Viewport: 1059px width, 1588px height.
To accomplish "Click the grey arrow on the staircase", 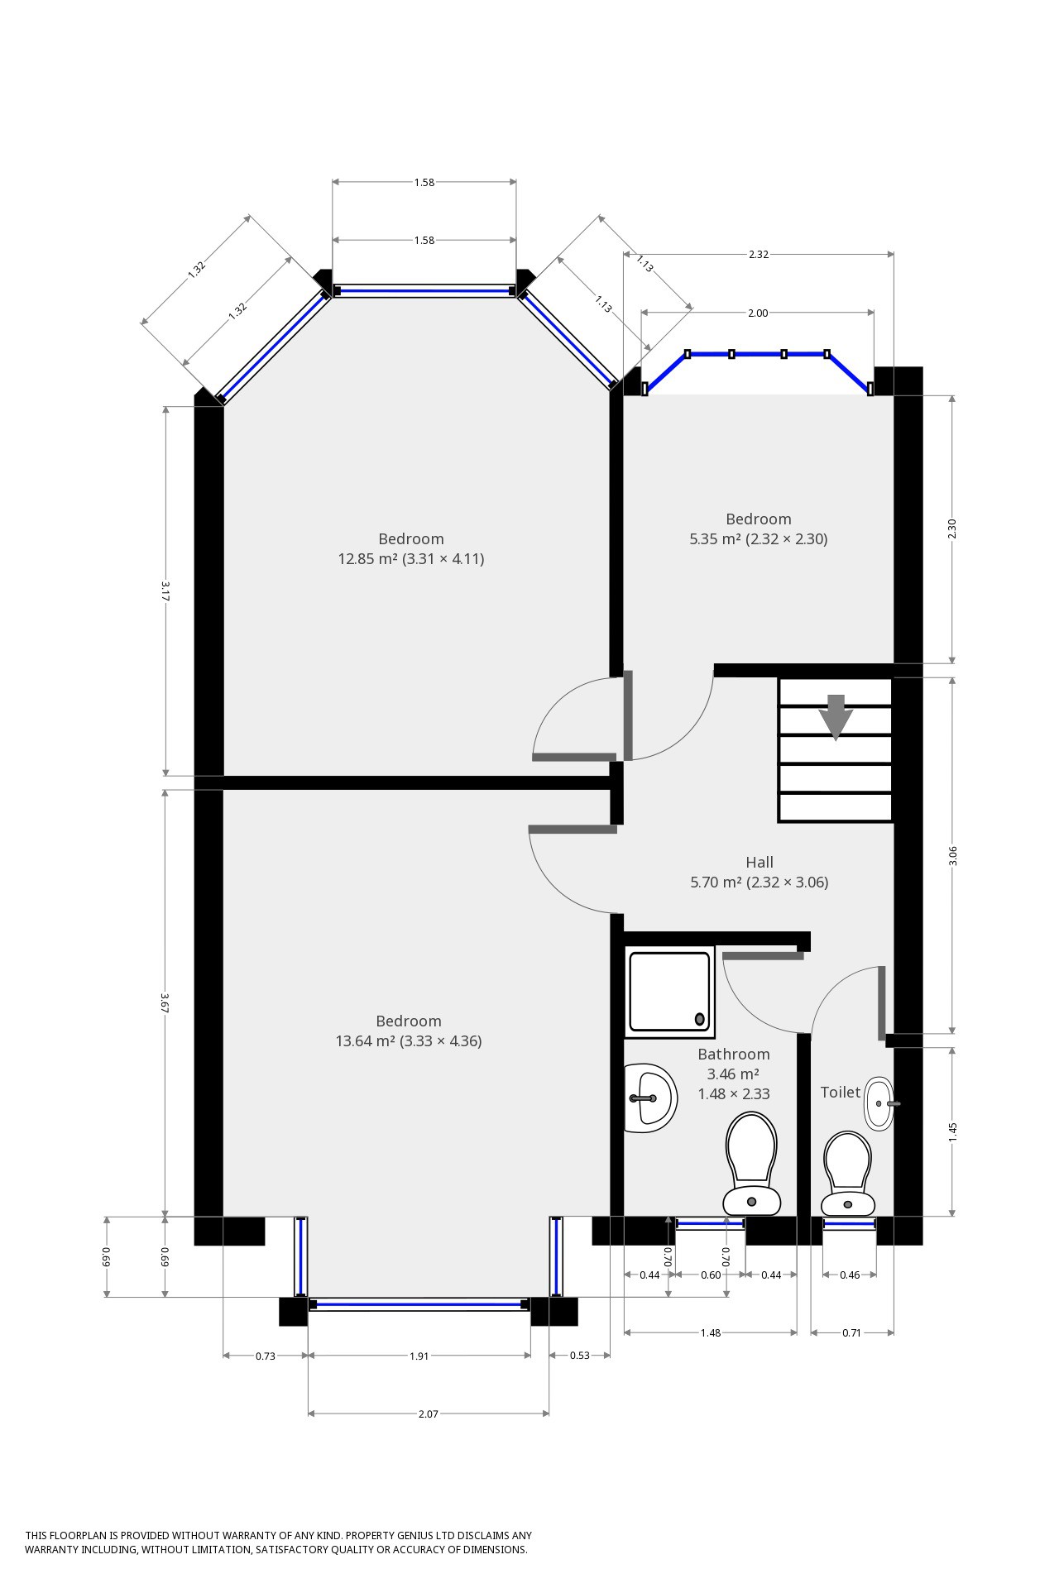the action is (x=836, y=716).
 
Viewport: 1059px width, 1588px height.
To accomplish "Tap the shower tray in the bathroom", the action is (x=669, y=992).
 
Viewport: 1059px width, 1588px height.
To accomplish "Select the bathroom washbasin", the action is (x=651, y=1098).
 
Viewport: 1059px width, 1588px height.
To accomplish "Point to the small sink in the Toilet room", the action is (x=880, y=1103).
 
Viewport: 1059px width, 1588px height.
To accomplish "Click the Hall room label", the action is (x=760, y=863).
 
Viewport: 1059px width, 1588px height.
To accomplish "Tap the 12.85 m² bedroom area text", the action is (x=411, y=559).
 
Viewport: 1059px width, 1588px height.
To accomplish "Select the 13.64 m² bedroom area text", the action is (x=409, y=1041).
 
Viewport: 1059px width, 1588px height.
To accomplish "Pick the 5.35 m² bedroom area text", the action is (x=759, y=539).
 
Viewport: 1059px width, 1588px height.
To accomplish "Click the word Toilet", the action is (x=841, y=1093).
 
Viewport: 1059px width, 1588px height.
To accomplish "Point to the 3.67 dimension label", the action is (x=165, y=1003).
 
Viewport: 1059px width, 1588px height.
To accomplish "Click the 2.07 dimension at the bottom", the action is (x=428, y=1414).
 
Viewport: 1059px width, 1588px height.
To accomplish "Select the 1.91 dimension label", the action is (x=419, y=1356).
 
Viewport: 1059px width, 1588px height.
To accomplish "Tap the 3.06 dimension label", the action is (x=953, y=856).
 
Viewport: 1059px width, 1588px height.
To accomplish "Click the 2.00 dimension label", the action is (x=758, y=313).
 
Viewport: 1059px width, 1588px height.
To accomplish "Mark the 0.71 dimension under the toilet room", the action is (x=851, y=1333).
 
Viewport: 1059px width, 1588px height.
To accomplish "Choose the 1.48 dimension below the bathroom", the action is (x=711, y=1333).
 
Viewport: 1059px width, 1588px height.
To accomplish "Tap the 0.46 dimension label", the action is (x=850, y=1275).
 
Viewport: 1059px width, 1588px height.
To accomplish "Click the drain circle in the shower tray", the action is (x=701, y=1019).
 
